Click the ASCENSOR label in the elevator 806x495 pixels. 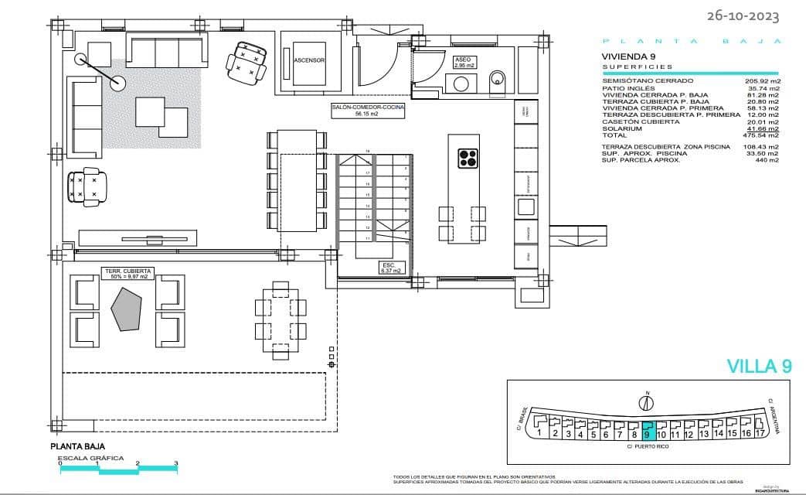pos(309,60)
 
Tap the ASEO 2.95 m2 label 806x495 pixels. pos(464,63)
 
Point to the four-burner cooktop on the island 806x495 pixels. pos(468,158)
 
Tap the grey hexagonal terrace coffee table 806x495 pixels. pos(127,309)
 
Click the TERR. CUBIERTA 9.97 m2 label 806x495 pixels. pos(128,274)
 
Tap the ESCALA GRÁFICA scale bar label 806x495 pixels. pos(91,459)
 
